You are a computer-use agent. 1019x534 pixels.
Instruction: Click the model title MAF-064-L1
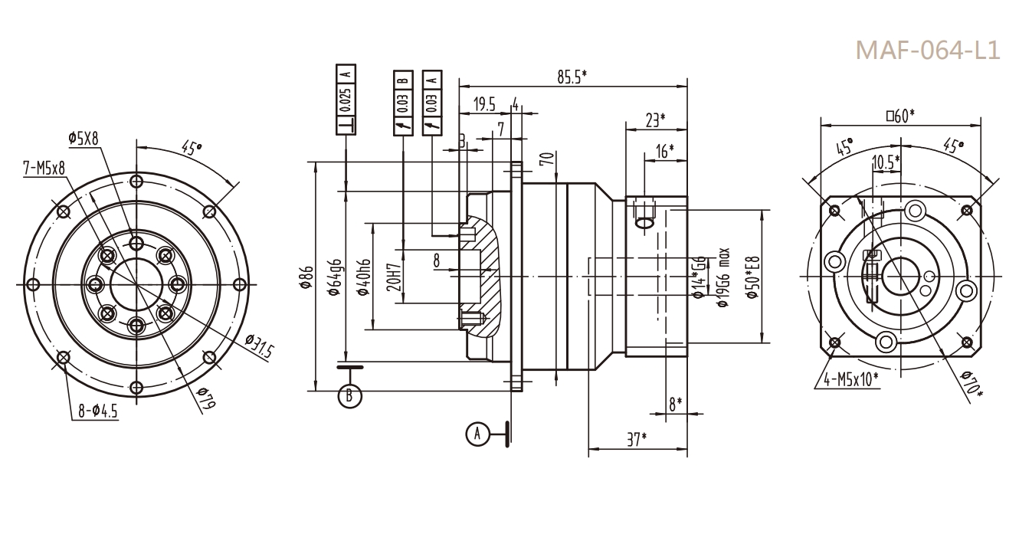[x=926, y=50]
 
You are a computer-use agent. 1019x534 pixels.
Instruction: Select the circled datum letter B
[x=349, y=395]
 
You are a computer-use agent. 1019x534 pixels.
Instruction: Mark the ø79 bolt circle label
[x=202, y=400]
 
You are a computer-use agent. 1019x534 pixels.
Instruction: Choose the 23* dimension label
[x=654, y=119]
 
